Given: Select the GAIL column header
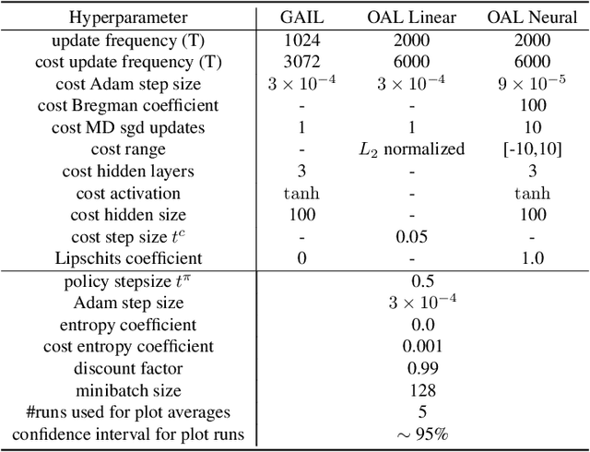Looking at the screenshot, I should [x=303, y=18].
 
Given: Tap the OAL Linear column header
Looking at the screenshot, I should [x=412, y=18].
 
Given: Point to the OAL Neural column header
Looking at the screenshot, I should [x=531, y=18].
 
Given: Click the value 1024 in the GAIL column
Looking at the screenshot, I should [x=303, y=40].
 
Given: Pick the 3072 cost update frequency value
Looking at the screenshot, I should [x=303, y=62].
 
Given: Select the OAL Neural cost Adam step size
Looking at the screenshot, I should [x=531, y=84].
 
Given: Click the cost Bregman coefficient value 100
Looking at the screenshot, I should [x=531, y=105].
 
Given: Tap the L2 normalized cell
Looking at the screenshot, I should [x=412, y=149].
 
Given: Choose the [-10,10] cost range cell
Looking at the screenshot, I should [x=531, y=149].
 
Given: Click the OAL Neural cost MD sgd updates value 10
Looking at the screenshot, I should [x=531, y=127].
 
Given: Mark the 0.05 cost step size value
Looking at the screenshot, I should [x=412, y=237].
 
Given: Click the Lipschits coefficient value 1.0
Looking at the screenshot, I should [x=531, y=259].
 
